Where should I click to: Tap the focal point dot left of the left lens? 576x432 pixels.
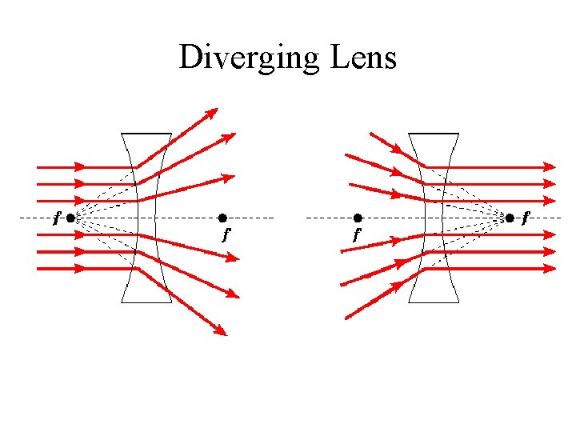(71, 218)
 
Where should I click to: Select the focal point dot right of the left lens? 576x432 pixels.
(222, 218)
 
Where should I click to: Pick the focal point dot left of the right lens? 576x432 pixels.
(358, 218)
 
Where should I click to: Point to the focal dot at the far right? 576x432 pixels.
(510, 218)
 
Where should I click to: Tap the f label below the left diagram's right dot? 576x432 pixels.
(226, 235)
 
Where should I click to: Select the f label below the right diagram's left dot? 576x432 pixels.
(357, 235)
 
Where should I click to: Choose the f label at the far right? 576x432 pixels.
(525, 217)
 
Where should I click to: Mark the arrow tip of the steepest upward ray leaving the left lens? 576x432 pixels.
(213, 111)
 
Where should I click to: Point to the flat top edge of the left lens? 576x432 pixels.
(146, 133)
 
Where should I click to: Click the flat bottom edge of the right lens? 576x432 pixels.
(434, 302)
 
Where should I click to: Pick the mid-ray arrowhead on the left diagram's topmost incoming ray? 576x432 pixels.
(79, 167)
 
